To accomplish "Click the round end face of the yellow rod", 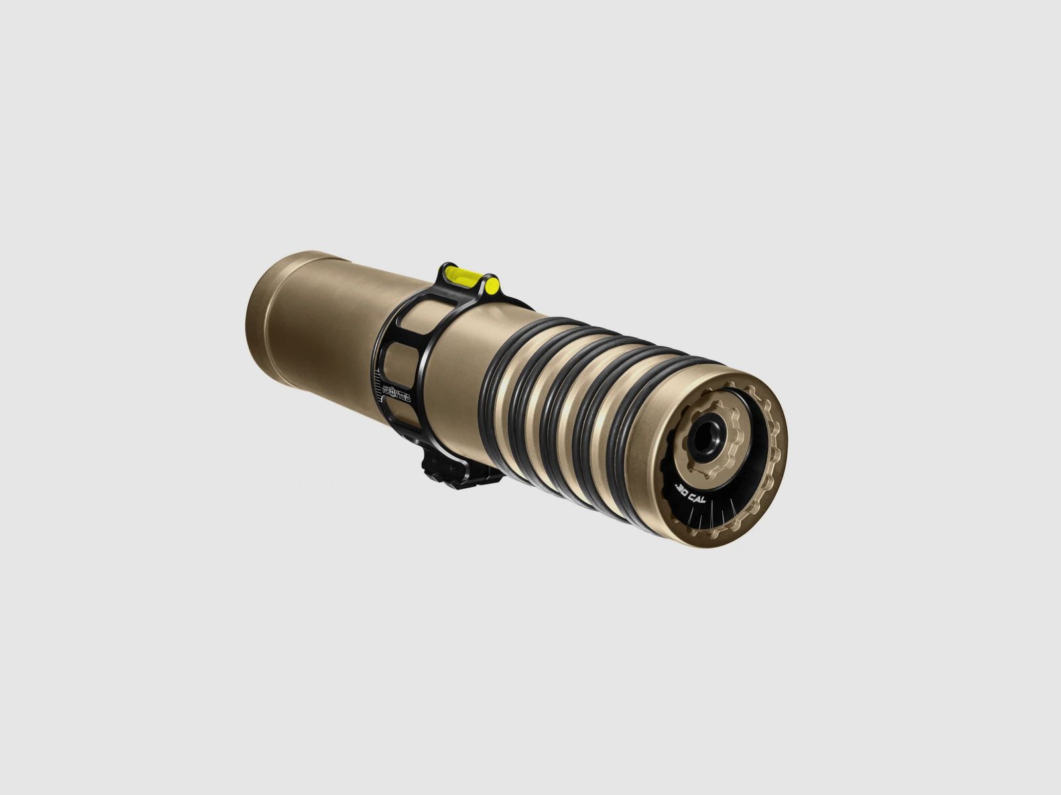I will [x=493, y=286].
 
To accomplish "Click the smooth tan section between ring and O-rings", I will [x=458, y=371].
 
